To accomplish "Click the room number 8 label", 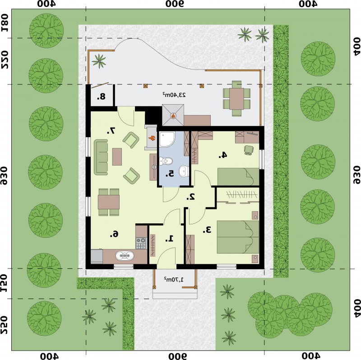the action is (x=101, y=97).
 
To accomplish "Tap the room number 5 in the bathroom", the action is (x=170, y=174).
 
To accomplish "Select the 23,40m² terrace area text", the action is (x=174, y=95).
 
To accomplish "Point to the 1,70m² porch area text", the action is (x=174, y=279).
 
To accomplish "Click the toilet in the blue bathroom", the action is (x=166, y=161).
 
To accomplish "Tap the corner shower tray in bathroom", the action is (x=167, y=139).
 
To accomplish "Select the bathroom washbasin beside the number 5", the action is (x=184, y=171).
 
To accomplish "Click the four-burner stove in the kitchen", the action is (x=141, y=243).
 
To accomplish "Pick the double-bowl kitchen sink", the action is (x=125, y=255).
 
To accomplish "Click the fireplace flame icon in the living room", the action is (x=151, y=138).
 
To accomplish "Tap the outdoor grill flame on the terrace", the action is (x=173, y=115).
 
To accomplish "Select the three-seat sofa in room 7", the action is (x=101, y=157).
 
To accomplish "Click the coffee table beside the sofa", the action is (x=117, y=157).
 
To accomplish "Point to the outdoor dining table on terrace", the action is (x=236, y=98).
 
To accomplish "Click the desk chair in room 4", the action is (x=249, y=150).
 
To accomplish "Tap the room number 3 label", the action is (x=207, y=230).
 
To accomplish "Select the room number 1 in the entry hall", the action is (x=170, y=239).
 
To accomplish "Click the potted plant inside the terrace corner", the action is (x=99, y=61).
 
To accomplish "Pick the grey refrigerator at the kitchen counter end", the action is (x=97, y=256).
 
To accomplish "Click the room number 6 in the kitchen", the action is (x=114, y=234).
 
